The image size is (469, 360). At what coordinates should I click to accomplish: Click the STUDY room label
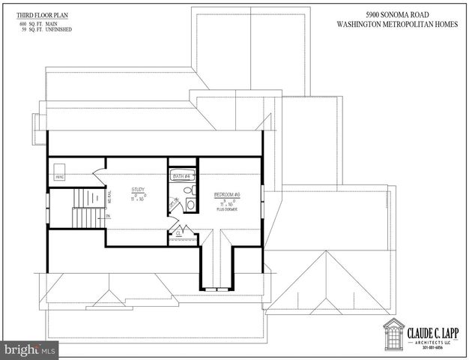coord(138,190)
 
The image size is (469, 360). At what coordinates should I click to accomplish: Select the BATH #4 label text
coord(182,176)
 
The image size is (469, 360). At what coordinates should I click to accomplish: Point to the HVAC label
coord(59,178)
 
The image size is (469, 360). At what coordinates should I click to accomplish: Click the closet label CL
coord(179,232)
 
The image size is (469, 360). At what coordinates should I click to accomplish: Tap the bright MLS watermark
coord(30,349)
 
